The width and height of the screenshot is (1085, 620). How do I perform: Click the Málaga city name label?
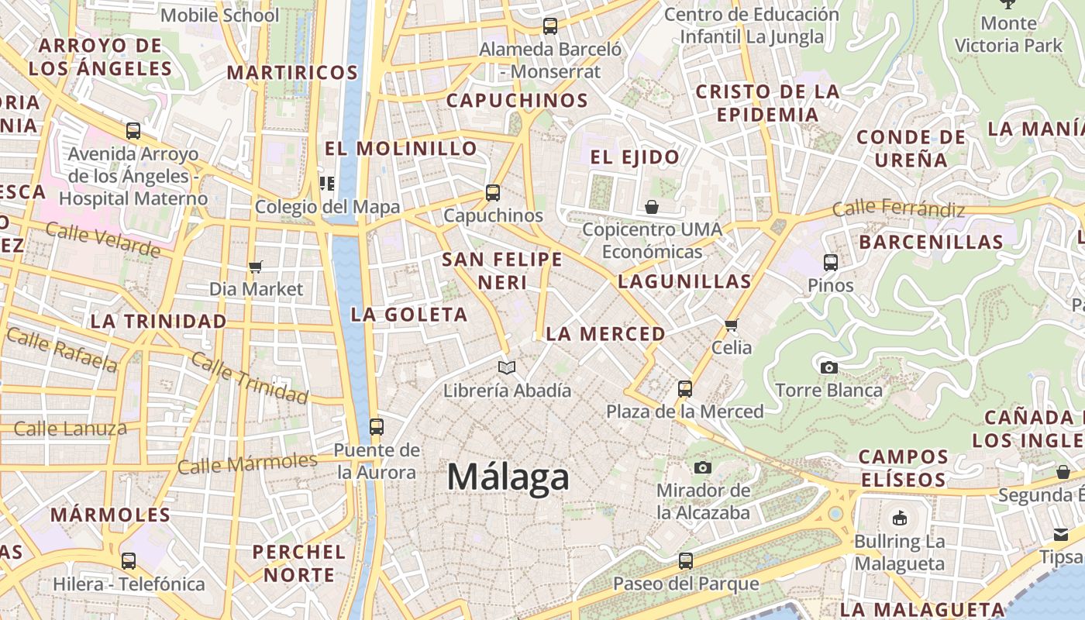pos(508,477)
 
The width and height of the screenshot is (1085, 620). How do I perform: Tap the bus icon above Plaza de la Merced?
pos(685,388)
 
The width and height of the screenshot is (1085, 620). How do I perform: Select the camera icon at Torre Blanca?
pos(828,367)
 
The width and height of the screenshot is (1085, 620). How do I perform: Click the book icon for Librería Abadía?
pos(507,367)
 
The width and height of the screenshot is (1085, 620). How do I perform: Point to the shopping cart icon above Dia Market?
pos(256,267)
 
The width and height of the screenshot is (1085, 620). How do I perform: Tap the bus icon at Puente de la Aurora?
pos(377,426)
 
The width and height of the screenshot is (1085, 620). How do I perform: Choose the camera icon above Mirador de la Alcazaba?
pos(703,467)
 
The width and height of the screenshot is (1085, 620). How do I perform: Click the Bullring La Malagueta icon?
pos(899,518)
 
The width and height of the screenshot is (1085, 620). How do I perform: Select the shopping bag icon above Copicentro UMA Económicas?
pos(652,207)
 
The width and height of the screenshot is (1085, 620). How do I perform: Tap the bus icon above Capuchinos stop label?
pos(493,193)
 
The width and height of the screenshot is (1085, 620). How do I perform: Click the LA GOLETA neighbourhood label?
pos(409,314)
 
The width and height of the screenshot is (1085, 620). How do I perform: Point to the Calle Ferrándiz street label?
pos(898,208)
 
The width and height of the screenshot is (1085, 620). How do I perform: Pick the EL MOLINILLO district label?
pos(401,148)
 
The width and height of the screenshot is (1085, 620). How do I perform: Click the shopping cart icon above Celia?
pos(732,325)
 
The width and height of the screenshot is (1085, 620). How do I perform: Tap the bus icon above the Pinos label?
pos(831,263)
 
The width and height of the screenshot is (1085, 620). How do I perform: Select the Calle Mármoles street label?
pos(247,463)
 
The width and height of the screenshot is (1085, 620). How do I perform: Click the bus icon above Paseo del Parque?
pos(686,560)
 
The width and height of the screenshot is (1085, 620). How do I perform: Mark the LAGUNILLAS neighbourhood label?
pos(684,281)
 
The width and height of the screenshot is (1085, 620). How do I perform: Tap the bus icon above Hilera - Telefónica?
pos(129,560)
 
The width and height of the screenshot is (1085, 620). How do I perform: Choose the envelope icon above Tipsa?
pos(1061,534)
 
